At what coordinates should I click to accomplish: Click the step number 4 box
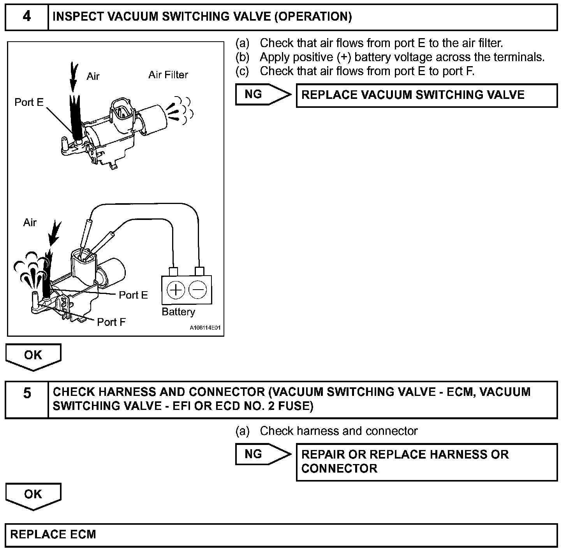26,17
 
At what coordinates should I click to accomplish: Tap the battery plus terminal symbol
175,290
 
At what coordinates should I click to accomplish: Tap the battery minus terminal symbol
198,290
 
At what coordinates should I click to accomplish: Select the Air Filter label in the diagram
168,75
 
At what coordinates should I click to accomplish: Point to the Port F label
111,322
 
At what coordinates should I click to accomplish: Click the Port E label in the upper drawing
29,102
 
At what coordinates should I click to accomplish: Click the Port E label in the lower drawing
133,295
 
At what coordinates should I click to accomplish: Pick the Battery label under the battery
178,312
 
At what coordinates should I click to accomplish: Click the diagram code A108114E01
205,328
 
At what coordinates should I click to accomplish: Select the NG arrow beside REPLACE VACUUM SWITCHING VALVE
263,95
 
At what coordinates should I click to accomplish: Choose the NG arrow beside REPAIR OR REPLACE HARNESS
263,454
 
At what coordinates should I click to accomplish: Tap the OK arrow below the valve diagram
33,356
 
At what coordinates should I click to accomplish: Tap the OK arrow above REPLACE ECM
33,495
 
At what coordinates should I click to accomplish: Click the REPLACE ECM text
53,534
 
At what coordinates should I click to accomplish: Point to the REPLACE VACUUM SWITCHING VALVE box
426,95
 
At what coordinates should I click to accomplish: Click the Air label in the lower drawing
30,222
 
